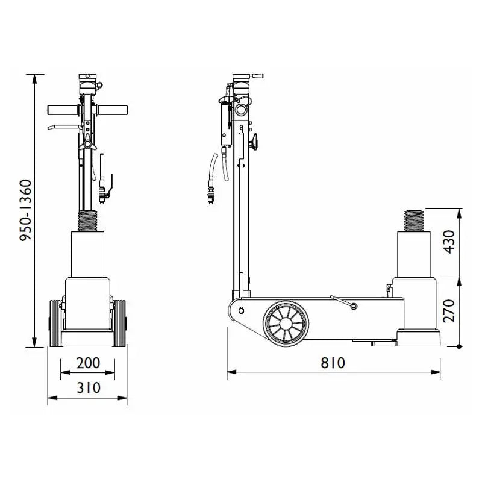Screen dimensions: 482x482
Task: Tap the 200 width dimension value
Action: [x=88, y=363]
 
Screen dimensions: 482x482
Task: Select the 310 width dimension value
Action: [x=89, y=387]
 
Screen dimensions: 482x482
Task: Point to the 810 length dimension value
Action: [x=333, y=363]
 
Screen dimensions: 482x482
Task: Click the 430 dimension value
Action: [x=449, y=242]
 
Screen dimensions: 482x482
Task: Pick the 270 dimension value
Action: [x=449, y=310]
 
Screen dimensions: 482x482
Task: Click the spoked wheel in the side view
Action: [x=286, y=324]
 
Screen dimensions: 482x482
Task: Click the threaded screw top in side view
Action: [x=413, y=221]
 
